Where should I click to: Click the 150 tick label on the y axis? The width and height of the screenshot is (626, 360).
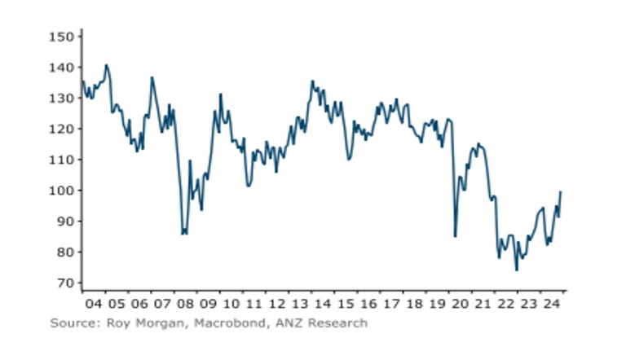coord(64,37)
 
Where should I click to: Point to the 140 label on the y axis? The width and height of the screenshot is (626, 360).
coord(64,68)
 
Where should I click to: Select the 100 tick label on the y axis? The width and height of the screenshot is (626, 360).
coord(64,191)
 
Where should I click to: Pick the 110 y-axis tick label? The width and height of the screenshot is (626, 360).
coord(64,160)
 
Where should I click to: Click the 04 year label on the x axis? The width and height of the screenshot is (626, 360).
coord(95,305)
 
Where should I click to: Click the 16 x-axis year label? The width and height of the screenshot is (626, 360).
coord(367,305)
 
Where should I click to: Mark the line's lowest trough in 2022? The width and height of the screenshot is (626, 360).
coord(516,270)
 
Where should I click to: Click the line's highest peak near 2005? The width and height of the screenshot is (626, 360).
coord(107,65)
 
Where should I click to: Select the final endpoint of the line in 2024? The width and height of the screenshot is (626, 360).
coord(561,192)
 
